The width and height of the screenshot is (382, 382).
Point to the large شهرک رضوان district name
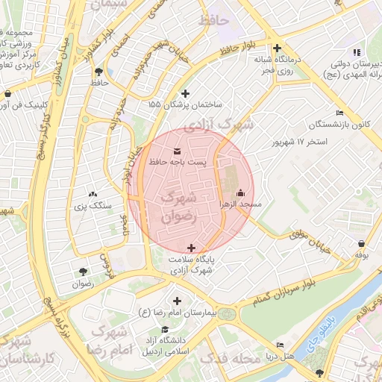click(180, 207)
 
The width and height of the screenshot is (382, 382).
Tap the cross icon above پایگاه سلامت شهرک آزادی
click(192, 248)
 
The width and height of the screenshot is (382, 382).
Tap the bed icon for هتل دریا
click(280, 345)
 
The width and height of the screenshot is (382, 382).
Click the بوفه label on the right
click(362, 254)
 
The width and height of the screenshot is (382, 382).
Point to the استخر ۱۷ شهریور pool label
click(301, 142)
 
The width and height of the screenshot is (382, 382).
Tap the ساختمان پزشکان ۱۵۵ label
click(185, 104)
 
